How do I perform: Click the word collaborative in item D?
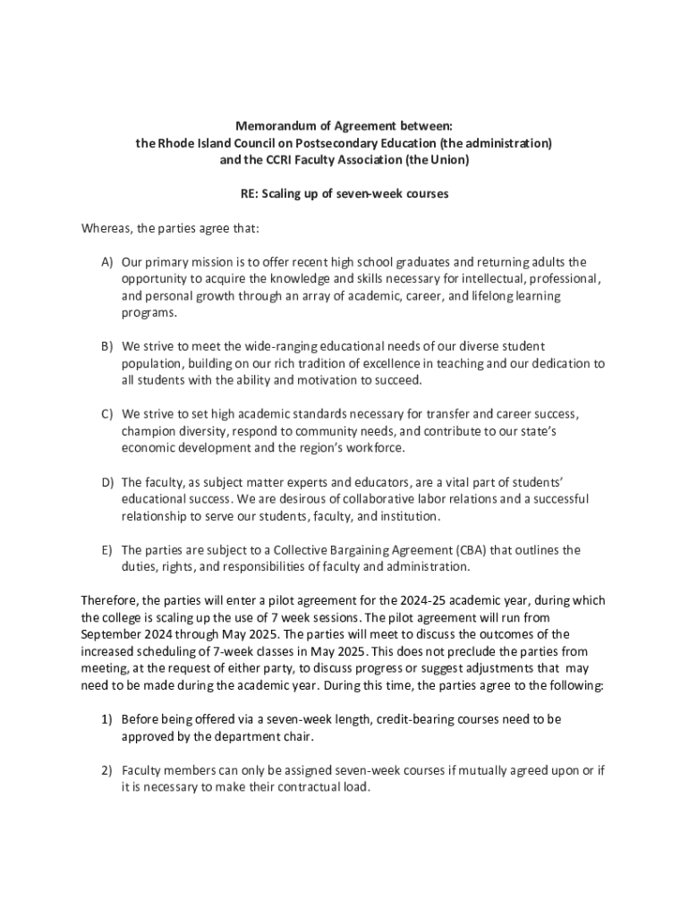tap(344, 499)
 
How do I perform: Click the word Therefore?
tap(110, 600)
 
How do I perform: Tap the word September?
tap(112, 634)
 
